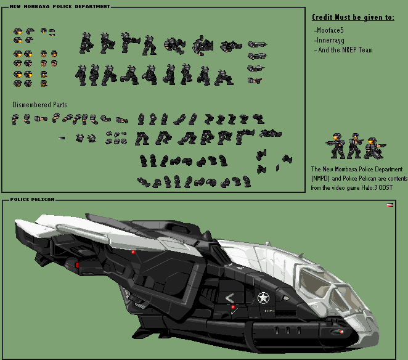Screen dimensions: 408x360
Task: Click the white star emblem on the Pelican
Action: coord(263,298)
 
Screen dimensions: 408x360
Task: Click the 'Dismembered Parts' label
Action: coord(39,105)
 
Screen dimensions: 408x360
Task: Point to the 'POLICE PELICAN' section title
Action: coord(33,199)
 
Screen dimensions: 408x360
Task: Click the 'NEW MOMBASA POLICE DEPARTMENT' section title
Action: coord(60,6)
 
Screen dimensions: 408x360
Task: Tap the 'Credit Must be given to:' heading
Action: coord(353,17)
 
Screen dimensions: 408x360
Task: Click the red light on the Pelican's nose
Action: coord(341,332)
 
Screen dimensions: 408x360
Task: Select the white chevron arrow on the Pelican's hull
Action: coord(229,298)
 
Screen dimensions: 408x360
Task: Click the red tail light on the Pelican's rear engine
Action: coord(77,265)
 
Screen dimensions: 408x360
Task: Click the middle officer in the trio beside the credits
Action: coord(354,145)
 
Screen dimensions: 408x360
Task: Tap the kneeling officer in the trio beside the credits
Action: coord(375,149)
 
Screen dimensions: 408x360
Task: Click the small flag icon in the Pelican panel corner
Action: coord(390,205)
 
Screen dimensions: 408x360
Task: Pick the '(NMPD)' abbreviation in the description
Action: coord(320,179)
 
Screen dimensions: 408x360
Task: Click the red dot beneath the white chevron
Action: coord(233,307)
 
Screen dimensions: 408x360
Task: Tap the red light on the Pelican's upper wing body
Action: coord(133,252)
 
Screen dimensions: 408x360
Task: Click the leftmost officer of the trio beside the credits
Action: coord(337,145)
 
